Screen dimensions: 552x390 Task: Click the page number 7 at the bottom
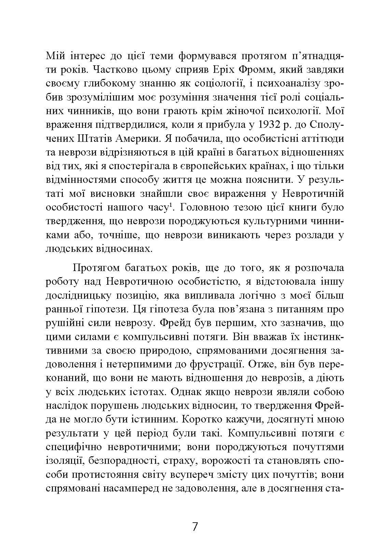[195, 527]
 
